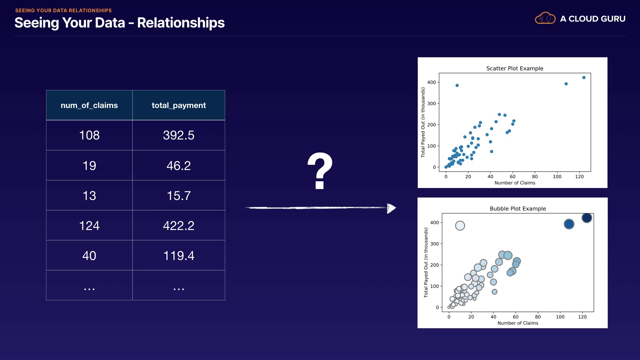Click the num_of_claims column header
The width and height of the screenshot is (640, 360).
89,105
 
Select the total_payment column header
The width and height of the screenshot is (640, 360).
179,105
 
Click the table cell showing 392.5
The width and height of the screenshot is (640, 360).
179,135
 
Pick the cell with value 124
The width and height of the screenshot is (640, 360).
89,226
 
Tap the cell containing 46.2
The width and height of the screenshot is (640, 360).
179,166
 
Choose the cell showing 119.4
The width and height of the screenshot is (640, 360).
179,256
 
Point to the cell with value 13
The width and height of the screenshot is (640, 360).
89,196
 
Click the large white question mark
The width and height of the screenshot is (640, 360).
320,171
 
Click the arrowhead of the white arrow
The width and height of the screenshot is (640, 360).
391,208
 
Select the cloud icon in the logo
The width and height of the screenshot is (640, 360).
545,18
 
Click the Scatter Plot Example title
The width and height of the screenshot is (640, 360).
515,68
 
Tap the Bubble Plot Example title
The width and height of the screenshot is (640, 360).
518,209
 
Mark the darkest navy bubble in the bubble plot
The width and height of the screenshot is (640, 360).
587,218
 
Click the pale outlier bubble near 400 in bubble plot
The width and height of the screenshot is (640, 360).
460,226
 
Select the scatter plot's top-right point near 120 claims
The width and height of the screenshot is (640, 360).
584,78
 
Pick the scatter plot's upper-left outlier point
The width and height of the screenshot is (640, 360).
457,86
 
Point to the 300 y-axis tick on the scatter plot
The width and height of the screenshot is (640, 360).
432,104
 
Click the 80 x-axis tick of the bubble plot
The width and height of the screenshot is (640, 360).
538,317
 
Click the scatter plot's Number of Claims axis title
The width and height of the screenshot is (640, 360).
515,183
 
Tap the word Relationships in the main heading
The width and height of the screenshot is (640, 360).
181,23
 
